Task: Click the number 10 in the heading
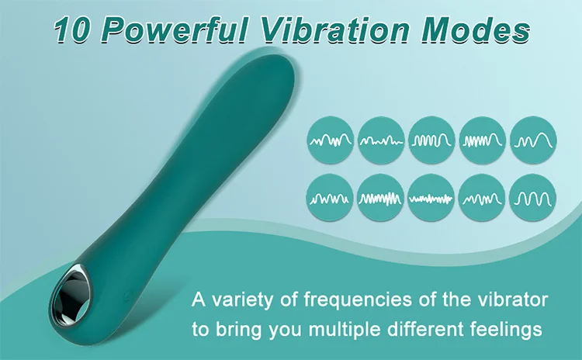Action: click(78, 30)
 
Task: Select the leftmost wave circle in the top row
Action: click(331, 140)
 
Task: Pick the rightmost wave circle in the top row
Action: click(534, 140)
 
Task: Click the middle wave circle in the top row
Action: click(431, 140)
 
